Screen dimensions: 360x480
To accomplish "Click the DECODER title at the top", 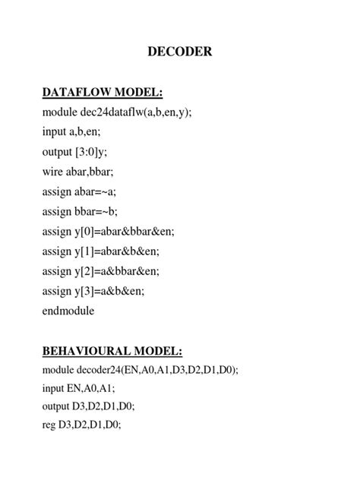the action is tap(179, 52).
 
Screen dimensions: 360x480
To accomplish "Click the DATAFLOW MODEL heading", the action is tap(103, 93).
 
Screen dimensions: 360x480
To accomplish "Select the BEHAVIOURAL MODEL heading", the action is tap(112, 351).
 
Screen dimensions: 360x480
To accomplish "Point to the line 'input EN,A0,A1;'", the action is tap(79, 388).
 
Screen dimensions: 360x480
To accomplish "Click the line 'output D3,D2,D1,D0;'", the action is tap(90, 407).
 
